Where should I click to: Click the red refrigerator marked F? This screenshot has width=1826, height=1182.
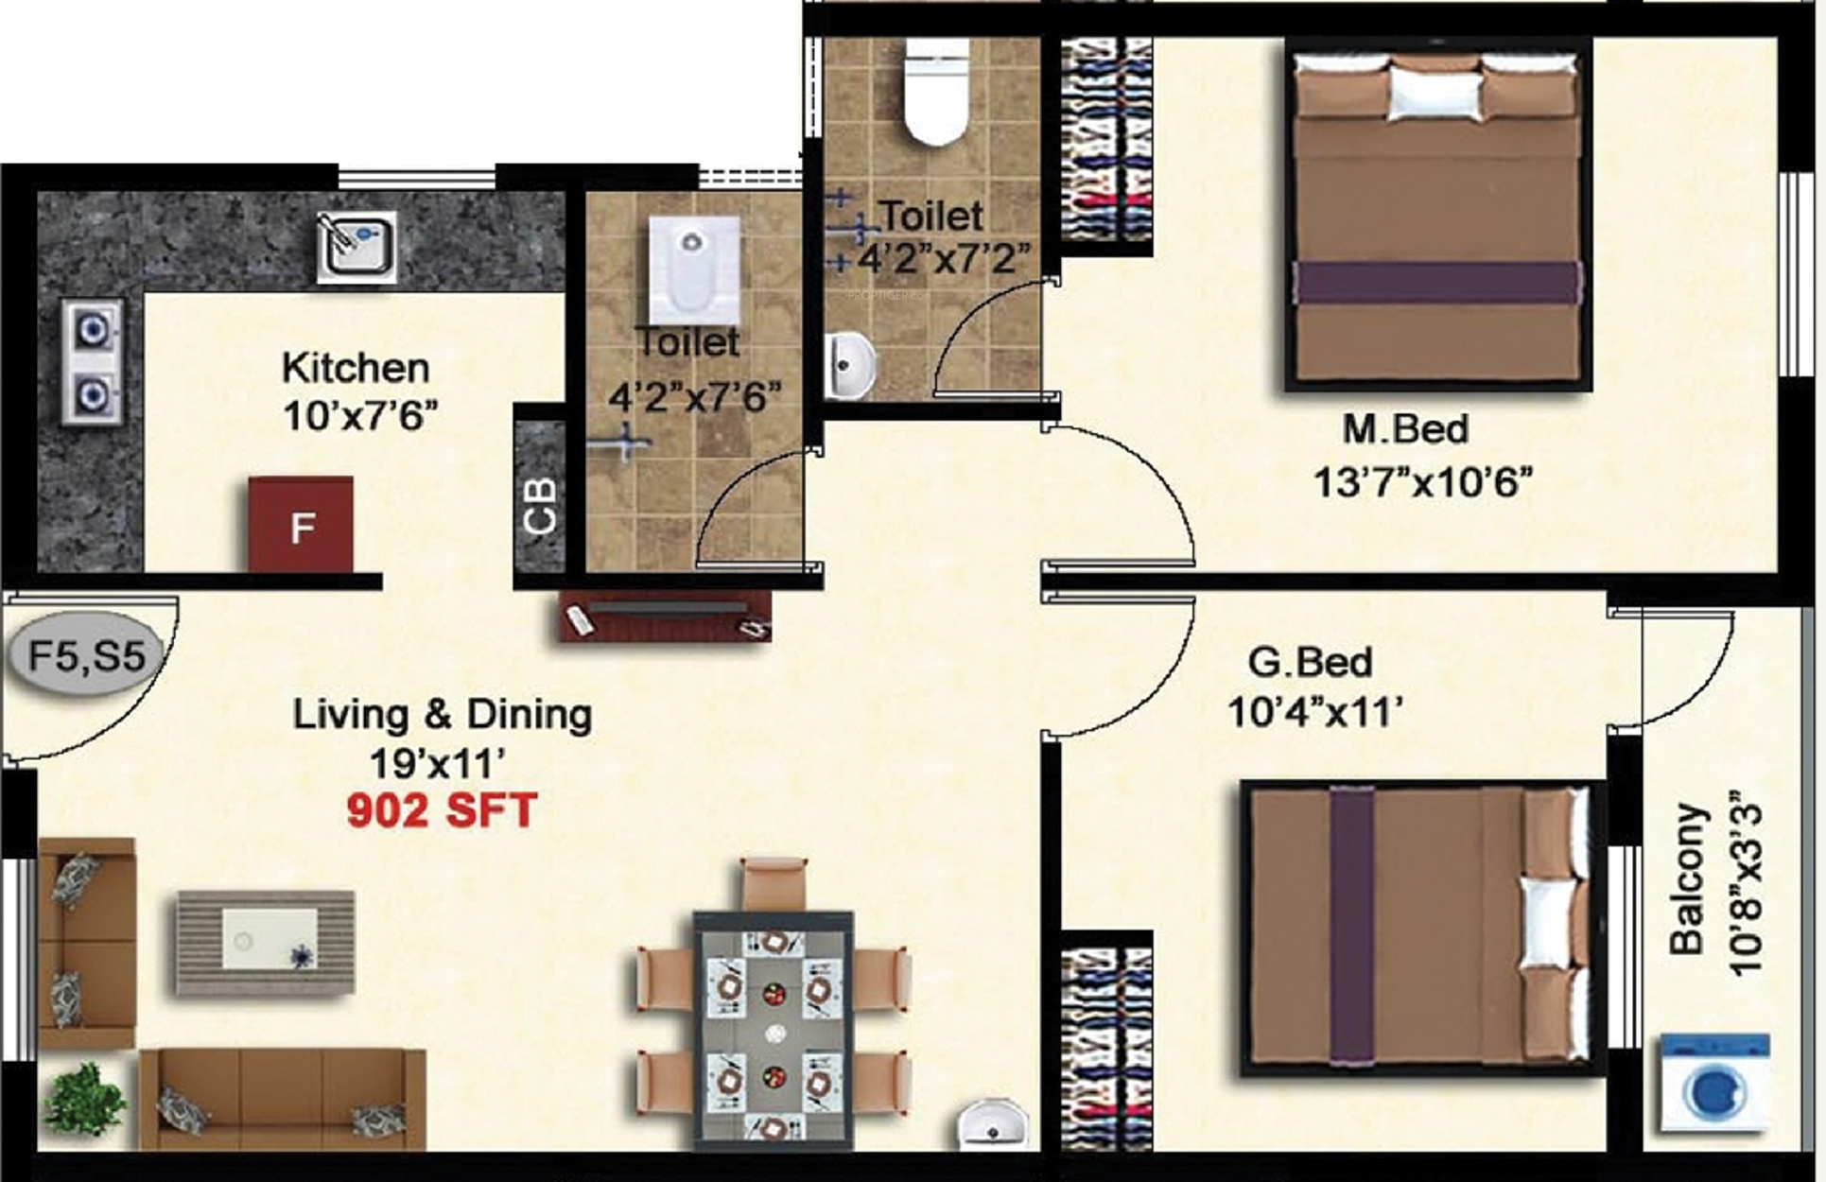pos(301,525)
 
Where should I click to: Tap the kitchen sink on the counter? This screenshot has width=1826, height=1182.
pos(357,246)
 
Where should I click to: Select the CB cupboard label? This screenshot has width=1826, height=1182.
pos(540,506)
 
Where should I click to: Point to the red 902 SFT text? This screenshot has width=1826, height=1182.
pos(442,810)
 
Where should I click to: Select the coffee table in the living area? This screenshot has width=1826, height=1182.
pos(265,942)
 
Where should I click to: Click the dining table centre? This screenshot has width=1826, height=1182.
pos(774,1031)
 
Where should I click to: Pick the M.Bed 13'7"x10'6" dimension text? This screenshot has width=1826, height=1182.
pos(1422,483)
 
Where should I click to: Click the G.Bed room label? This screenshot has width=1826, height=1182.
pos(1310,662)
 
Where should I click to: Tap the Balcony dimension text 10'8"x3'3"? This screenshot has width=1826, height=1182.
pos(1744,889)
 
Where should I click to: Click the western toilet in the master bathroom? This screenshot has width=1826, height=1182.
pos(936,91)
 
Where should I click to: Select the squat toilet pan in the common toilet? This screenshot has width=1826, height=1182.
pos(694,270)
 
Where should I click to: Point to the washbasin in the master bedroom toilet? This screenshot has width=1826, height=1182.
pos(851,365)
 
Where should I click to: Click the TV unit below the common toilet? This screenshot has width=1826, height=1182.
pos(664,617)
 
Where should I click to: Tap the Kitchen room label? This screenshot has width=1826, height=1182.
pos(356,368)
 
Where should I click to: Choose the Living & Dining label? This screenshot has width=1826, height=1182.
pos(443,715)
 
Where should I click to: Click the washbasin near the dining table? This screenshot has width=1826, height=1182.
pos(993,1125)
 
